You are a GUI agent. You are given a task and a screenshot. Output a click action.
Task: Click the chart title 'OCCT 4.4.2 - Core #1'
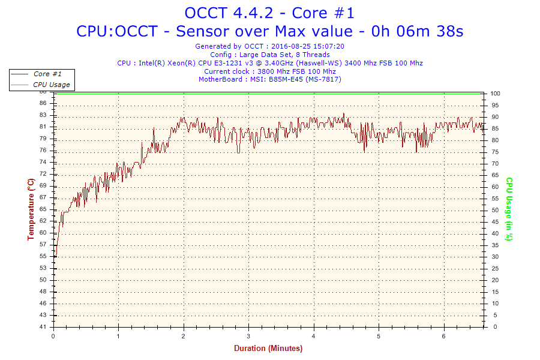click(x=269, y=13)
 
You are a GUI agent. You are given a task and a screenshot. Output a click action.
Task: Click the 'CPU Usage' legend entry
click(x=51, y=85)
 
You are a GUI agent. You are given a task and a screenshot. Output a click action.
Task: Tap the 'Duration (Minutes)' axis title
click(x=268, y=348)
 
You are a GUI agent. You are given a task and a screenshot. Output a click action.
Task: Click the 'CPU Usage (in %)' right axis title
click(x=509, y=209)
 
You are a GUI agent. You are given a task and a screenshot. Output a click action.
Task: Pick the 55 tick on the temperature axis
click(x=43, y=256)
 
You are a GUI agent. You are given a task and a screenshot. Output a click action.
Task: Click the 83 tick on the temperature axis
click(x=43, y=116)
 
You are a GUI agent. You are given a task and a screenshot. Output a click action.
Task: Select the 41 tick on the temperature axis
click(x=43, y=327)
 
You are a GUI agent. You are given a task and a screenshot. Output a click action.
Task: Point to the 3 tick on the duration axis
click(x=248, y=335)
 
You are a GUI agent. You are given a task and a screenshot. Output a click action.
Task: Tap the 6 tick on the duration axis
click(x=443, y=335)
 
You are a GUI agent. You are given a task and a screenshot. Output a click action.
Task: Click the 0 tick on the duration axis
click(x=54, y=335)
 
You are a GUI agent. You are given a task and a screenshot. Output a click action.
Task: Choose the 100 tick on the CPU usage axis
click(x=496, y=94)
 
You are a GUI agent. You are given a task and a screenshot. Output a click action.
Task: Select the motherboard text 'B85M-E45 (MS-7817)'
click(x=305, y=79)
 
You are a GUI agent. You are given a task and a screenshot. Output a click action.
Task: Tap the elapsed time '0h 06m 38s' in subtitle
click(x=418, y=31)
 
